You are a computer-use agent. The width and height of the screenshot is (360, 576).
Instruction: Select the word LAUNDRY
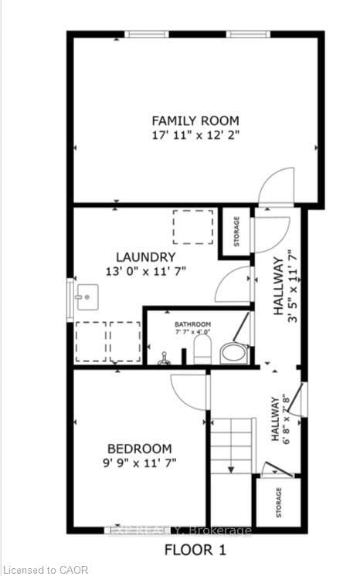146,257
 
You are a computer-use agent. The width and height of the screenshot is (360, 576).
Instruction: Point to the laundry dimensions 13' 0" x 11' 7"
146,271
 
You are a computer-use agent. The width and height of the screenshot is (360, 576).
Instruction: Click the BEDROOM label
139,449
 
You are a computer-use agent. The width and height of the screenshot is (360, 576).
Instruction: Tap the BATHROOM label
192,324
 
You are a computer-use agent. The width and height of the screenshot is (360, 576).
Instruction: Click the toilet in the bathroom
202,349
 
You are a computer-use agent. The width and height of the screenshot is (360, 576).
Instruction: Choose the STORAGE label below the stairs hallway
279,502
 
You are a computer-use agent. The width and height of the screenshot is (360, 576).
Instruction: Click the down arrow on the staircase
230,467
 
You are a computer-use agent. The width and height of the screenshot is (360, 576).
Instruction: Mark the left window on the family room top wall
148,34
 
